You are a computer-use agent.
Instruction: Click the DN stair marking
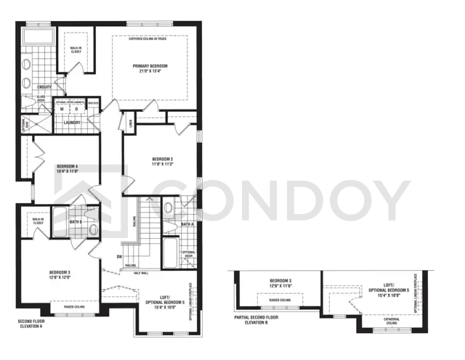coord(118,256)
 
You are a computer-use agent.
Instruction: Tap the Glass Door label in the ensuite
coord(41,97)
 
